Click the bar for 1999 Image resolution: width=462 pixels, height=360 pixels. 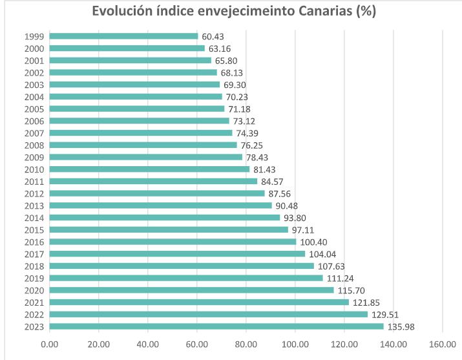(123, 36)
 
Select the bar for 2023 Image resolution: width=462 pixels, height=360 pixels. (216, 326)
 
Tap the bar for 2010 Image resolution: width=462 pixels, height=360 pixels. (149, 169)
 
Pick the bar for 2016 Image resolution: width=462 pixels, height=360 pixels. (173, 242)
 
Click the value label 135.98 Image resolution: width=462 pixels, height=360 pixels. (400, 326)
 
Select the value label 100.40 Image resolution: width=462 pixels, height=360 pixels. (313, 242)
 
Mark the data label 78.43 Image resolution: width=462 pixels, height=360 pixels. (258, 157)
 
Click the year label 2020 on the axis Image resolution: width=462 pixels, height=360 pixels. (34, 290)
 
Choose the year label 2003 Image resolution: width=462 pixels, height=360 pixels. (34, 85)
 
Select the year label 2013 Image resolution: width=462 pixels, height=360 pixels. (34, 206)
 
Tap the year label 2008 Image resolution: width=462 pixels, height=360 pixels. (34, 145)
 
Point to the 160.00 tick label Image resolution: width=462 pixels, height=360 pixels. (443, 344)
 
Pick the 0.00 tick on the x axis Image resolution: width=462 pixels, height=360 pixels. (50, 344)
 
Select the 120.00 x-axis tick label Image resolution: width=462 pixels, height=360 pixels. (344, 344)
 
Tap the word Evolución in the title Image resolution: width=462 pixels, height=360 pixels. (121, 12)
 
